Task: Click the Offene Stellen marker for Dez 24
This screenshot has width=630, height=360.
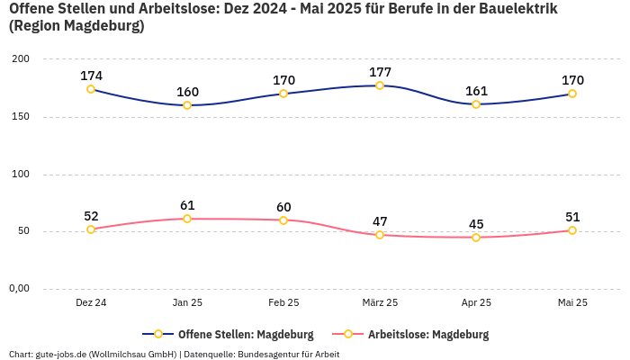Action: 91,89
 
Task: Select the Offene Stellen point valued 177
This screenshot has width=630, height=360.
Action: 380,85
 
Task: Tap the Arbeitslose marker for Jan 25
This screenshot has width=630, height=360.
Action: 187,219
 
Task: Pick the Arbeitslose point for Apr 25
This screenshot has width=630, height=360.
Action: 476,238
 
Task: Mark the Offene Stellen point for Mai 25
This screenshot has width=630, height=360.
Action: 572,94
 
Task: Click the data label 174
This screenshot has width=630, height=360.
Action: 91,76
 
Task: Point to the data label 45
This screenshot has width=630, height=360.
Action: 476,224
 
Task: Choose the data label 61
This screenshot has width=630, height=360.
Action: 187,205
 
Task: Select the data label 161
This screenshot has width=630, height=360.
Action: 476,91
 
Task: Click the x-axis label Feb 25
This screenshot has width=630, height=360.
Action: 283,302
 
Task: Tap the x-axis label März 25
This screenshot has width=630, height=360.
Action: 380,302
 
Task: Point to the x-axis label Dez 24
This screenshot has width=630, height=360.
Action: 91,302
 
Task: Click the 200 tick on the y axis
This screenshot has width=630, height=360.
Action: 20,58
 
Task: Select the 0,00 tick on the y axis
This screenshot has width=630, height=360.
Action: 19,288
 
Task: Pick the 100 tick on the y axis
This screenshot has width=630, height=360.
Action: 20,174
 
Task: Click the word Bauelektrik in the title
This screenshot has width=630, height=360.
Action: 515,8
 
